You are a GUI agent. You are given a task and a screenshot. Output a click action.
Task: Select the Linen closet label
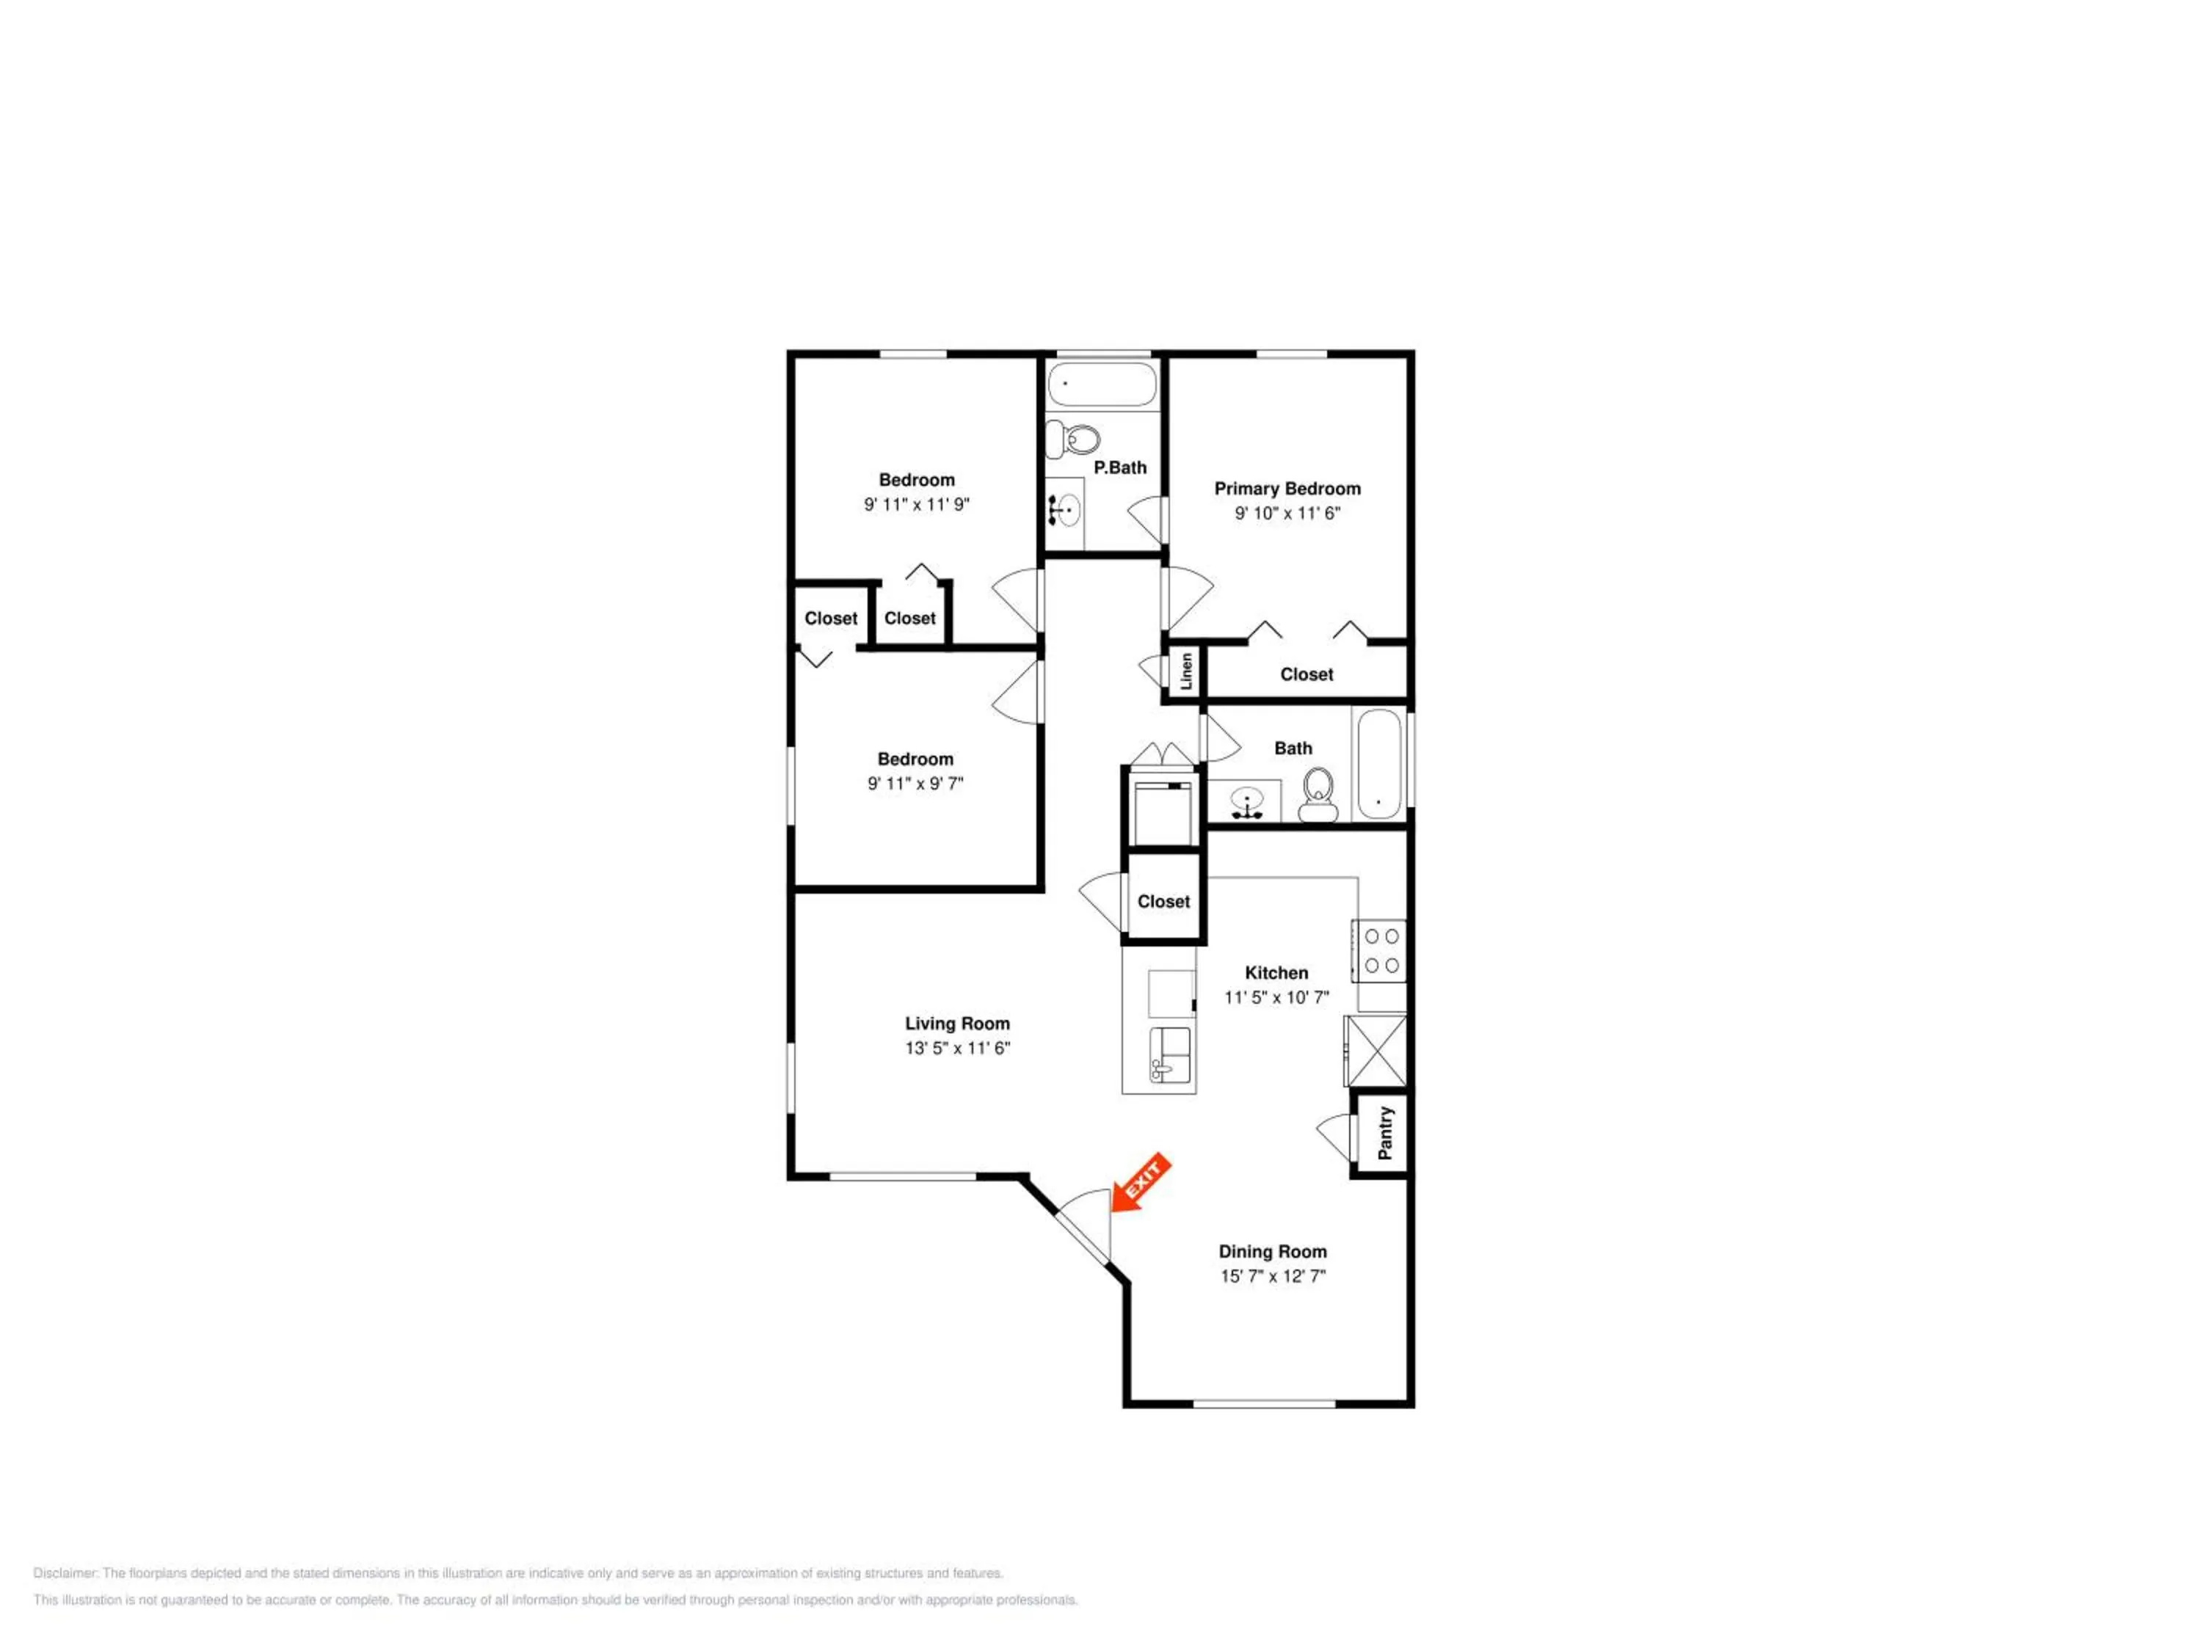[x=1185, y=671]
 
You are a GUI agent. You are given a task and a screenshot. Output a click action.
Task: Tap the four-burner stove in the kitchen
[x=1378, y=950]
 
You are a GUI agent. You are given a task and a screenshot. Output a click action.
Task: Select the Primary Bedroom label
[x=1287, y=489]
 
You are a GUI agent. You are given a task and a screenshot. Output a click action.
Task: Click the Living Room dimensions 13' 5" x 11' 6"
[x=958, y=1048]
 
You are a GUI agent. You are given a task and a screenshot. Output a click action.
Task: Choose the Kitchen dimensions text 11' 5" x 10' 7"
[x=1276, y=997]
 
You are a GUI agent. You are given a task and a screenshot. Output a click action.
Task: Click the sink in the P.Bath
[x=1064, y=511]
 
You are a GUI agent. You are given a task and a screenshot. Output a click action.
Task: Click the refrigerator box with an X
[x=1376, y=1051]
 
